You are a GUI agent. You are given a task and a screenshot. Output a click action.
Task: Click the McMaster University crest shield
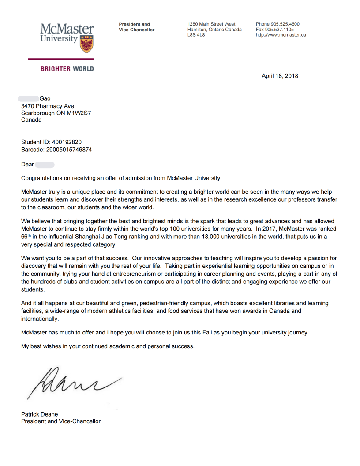(86, 44)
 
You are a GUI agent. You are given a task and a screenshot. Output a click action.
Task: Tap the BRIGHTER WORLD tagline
(67, 69)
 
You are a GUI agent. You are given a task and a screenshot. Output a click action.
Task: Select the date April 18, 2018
(280, 76)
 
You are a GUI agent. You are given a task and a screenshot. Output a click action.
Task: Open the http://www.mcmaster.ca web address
(281, 35)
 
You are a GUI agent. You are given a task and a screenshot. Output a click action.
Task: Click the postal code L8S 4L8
(196, 35)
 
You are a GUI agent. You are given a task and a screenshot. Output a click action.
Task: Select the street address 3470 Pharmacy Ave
(48, 106)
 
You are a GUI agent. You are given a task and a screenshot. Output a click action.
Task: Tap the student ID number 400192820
(67, 142)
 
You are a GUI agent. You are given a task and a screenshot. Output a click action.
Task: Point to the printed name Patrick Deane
(39, 414)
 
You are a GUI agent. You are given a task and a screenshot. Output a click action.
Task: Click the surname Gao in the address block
(45, 99)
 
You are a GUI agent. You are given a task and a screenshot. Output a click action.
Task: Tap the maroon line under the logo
(61, 59)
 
